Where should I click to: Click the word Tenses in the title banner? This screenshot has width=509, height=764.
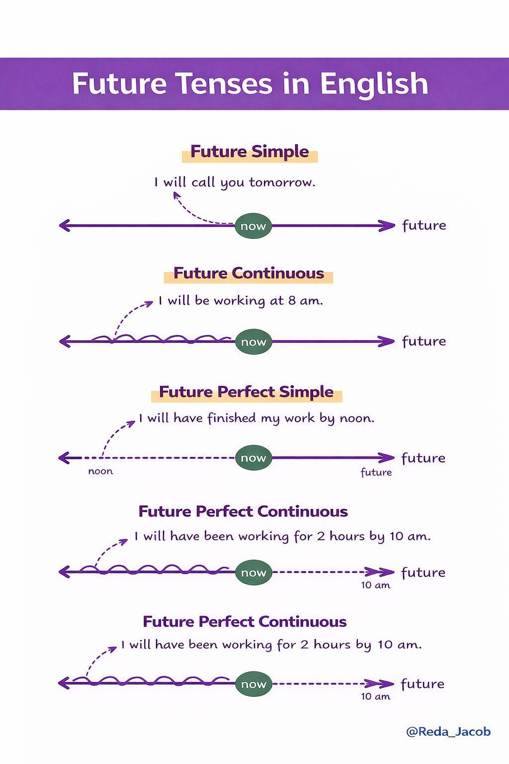pyautogui.click(x=225, y=84)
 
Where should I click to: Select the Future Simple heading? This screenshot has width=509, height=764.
pyautogui.click(x=250, y=151)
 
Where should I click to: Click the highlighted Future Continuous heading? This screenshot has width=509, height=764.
pyautogui.click(x=249, y=273)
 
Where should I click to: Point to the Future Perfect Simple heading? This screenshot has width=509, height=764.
pyautogui.click(x=246, y=392)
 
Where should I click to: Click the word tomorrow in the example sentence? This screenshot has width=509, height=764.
pyautogui.click(x=282, y=182)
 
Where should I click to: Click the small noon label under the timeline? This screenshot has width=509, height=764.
pyautogui.click(x=100, y=472)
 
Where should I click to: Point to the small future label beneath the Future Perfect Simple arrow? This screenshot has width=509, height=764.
pyautogui.click(x=376, y=472)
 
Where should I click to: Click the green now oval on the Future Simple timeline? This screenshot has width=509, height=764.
pyautogui.click(x=253, y=226)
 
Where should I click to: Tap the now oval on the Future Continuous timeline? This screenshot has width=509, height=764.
pyautogui.click(x=254, y=342)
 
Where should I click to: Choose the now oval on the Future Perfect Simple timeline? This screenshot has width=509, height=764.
pyautogui.click(x=254, y=458)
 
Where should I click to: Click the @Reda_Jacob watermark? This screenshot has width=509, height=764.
pyautogui.click(x=448, y=732)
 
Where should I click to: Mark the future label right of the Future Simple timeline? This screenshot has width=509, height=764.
pyautogui.click(x=424, y=225)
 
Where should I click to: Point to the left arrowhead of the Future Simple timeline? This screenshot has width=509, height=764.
pyautogui.click(x=65, y=225)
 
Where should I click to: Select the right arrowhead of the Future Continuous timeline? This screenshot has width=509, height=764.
pyautogui.click(x=387, y=341)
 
